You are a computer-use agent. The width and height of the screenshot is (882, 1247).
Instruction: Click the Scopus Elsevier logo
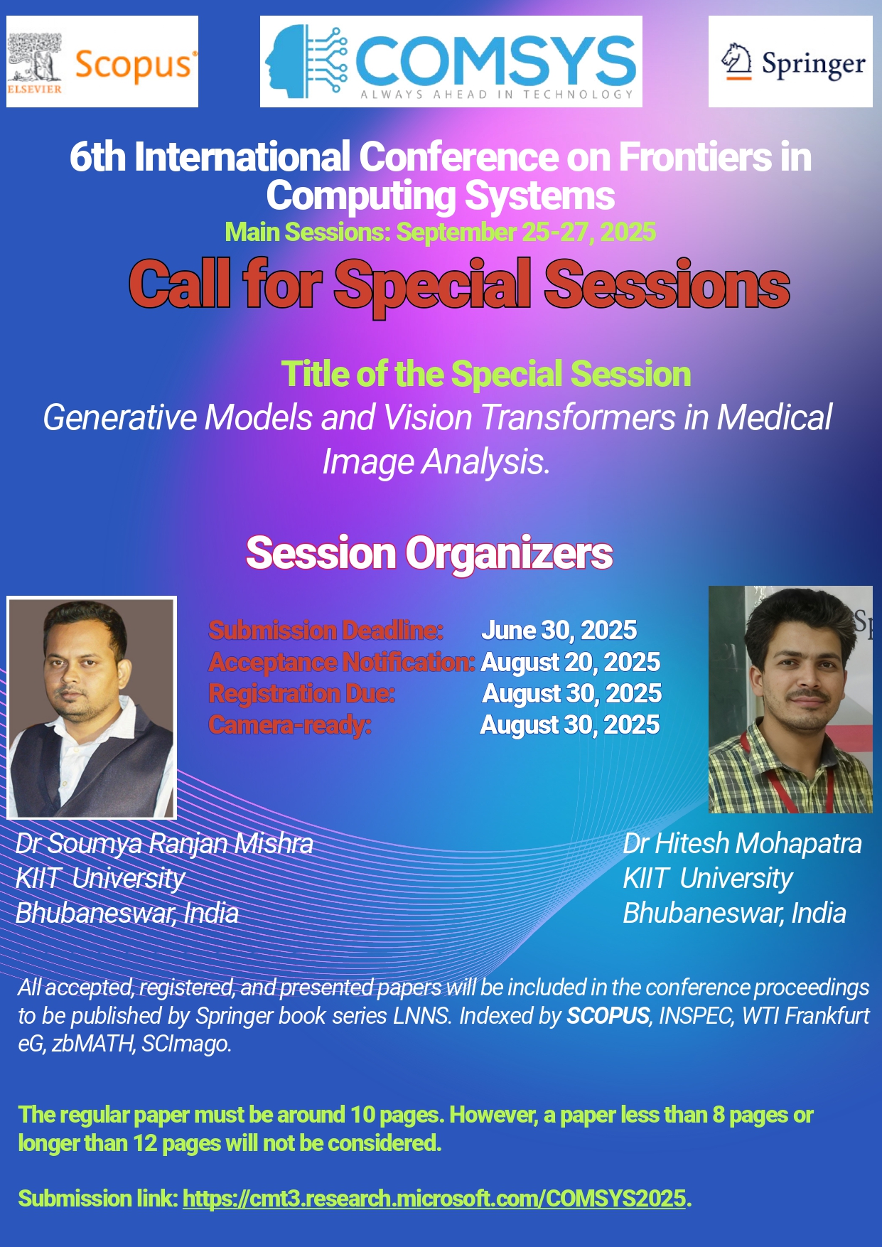click(102, 62)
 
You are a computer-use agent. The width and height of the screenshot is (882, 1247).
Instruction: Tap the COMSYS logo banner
click(451, 62)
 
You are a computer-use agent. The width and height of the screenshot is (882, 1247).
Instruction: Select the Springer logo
click(790, 62)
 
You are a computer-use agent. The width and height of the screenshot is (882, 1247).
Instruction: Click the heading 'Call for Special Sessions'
click(459, 284)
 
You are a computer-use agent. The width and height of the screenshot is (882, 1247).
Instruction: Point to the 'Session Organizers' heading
click(429, 553)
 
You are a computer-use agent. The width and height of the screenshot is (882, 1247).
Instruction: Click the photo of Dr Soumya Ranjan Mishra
click(92, 707)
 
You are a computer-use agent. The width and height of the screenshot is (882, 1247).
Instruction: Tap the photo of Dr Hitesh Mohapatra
click(790, 700)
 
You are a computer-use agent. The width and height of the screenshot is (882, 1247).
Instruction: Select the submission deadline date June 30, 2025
click(559, 630)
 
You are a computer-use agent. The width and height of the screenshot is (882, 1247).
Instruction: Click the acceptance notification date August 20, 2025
click(571, 662)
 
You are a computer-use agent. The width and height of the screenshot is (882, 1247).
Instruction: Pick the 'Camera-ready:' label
click(290, 725)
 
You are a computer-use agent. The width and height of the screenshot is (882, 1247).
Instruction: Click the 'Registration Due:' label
click(301, 693)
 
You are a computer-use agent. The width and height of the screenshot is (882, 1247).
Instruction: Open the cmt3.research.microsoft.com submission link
click(434, 1199)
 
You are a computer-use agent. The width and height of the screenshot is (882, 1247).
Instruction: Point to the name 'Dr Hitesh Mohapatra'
click(742, 844)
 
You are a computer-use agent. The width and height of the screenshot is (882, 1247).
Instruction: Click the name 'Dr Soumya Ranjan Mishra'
click(164, 844)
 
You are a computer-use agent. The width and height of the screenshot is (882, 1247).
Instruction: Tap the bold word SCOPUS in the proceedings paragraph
click(608, 1016)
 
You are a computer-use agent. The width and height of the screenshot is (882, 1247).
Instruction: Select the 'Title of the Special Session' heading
click(486, 374)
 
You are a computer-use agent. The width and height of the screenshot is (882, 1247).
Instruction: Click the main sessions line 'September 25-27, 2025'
click(526, 232)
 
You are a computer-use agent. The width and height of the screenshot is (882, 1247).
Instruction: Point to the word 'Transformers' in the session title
click(579, 417)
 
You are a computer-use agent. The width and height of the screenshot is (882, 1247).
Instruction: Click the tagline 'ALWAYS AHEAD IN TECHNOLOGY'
click(496, 94)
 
